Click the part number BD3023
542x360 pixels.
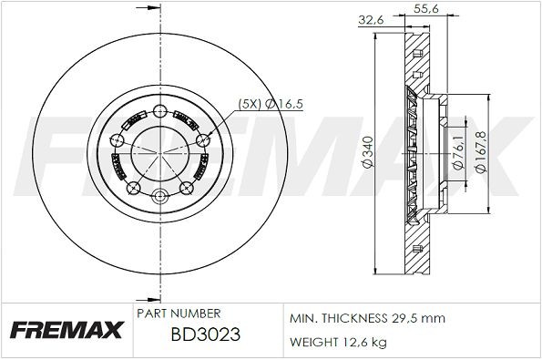point(205,334)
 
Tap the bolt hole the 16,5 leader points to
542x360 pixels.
point(201,139)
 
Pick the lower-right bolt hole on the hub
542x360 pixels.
point(186,188)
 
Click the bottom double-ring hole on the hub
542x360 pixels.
point(160,196)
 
